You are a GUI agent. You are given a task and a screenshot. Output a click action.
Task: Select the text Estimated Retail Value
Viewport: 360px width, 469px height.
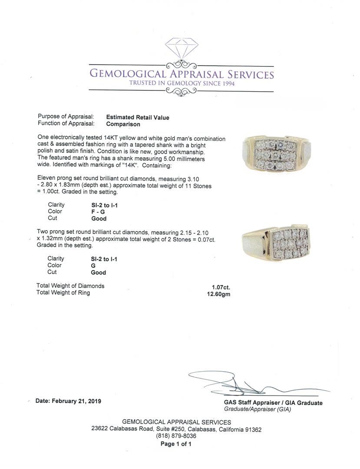[x=138, y=117]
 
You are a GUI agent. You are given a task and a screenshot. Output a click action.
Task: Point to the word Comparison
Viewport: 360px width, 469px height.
[x=123, y=124]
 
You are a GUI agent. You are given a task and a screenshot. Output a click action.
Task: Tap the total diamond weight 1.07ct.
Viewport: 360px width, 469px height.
[x=221, y=287]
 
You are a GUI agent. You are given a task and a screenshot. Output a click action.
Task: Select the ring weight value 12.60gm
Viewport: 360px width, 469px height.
[x=219, y=294]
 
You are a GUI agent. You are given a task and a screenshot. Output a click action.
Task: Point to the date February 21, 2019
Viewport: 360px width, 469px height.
[x=68, y=401]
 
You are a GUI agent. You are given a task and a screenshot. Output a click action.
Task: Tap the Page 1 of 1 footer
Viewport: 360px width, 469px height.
[x=176, y=444]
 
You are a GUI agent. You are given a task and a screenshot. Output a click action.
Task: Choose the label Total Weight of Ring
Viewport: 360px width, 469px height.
[x=63, y=293]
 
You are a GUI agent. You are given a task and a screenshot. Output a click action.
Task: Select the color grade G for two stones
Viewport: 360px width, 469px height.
[x=93, y=266]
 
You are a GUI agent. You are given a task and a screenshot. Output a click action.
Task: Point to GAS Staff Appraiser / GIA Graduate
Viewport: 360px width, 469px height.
[x=273, y=403]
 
